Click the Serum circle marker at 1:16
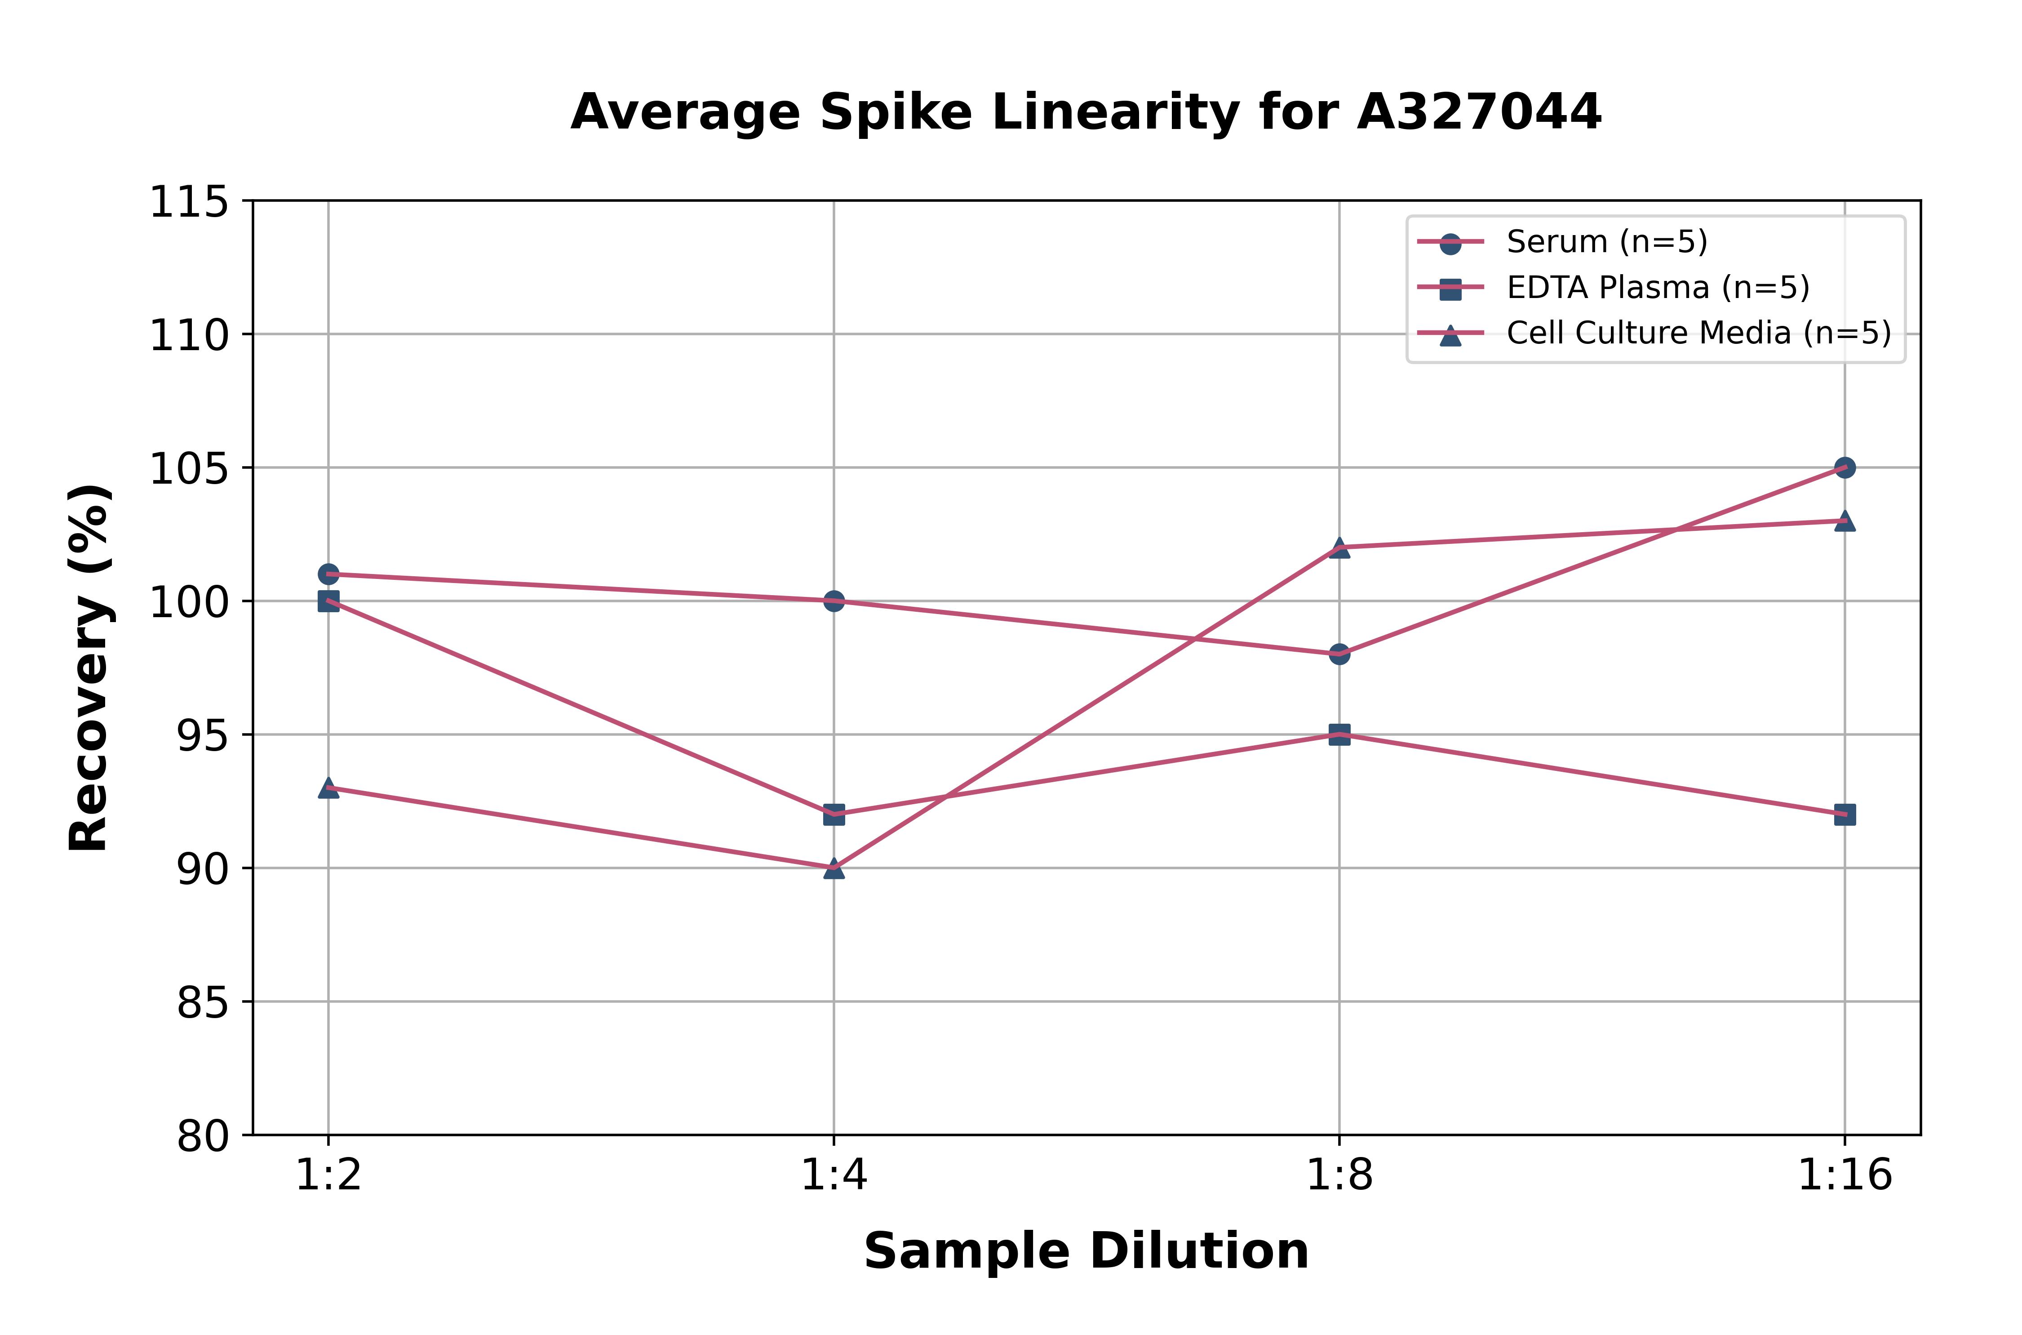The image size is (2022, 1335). (1844, 467)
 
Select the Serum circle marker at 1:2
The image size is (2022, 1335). (328, 574)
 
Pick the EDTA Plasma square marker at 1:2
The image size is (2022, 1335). (328, 601)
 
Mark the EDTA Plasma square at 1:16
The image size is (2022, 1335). (1844, 814)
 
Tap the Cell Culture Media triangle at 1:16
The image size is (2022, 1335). (1844, 520)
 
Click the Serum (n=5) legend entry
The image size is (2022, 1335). (1606, 242)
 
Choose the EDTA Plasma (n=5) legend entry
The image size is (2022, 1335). (1657, 288)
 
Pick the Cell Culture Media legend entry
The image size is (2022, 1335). (1698, 333)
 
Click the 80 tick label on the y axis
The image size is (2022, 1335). (203, 1136)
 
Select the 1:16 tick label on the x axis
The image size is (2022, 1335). (1844, 1176)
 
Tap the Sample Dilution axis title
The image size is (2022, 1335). (1086, 1250)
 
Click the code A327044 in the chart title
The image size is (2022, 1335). (1479, 111)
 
